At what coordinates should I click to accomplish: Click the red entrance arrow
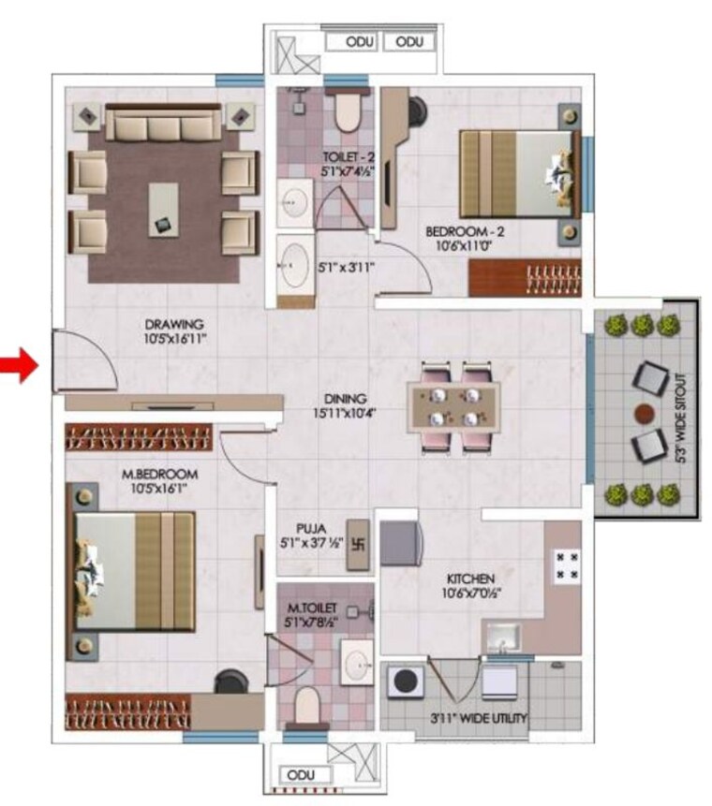pos(20,365)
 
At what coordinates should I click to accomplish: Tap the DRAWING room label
pos(174,325)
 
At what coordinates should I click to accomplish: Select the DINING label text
pos(345,399)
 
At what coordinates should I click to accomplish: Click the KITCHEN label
pos(470,579)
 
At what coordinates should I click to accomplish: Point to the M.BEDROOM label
pos(159,475)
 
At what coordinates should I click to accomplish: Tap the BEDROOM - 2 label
pos(465,232)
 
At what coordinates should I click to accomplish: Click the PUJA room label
pos(311,529)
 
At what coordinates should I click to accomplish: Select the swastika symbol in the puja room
pos(359,544)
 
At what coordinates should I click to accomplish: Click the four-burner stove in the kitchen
pos(567,565)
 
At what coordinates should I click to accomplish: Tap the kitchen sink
pos(501,637)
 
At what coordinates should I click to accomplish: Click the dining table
pos(453,407)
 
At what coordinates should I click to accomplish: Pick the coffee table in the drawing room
pos(164,210)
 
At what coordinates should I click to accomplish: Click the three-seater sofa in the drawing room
pos(163,123)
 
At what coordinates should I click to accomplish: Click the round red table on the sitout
pos(645,413)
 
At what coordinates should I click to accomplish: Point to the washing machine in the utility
pos(406,681)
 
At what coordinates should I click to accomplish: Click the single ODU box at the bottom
pos(301,775)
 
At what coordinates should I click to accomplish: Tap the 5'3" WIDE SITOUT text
pos(681,418)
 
